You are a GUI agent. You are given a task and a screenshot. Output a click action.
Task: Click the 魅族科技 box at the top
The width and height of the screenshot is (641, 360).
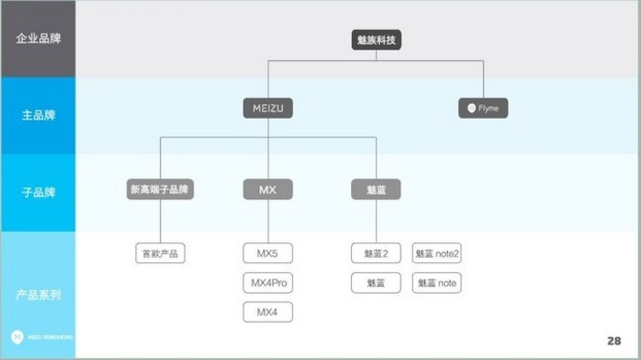coord(375,41)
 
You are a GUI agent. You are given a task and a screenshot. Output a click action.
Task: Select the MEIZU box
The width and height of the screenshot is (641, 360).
coord(267,108)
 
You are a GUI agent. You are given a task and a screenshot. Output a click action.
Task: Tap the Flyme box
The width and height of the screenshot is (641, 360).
coord(483,108)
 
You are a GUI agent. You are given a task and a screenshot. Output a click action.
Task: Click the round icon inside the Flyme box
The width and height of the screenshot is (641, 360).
coord(471,108)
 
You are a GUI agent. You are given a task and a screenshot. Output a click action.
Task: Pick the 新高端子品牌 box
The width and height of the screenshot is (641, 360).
coord(160,189)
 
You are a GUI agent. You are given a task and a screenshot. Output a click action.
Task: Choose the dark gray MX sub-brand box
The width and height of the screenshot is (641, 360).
coord(267,189)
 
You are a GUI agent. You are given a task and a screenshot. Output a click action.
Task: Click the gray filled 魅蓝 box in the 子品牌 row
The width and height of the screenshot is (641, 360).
coord(375,189)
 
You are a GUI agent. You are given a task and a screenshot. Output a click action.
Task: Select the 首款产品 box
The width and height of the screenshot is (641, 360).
coord(160,254)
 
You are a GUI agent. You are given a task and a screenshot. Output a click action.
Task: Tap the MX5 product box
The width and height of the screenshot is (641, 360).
coord(267,254)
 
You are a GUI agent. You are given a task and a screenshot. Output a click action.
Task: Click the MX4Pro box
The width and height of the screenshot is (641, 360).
coord(267,282)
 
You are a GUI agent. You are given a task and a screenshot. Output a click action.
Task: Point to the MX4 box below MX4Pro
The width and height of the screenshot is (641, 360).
coord(267,311)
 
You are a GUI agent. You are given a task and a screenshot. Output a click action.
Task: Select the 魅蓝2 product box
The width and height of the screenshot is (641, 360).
coord(375,254)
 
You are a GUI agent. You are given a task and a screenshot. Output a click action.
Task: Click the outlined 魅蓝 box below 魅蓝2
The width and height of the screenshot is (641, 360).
coord(375,282)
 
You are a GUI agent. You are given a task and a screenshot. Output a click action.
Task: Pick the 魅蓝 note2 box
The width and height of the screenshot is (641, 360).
coord(437,254)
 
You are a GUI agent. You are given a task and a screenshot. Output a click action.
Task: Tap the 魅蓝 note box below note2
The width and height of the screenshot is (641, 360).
coord(437,282)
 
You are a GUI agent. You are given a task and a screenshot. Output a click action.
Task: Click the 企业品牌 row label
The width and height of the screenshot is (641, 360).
coord(38,39)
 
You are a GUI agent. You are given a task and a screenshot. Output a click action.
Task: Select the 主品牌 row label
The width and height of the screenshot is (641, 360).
coord(38,116)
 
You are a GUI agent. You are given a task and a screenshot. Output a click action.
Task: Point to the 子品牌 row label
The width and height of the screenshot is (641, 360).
coord(38,191)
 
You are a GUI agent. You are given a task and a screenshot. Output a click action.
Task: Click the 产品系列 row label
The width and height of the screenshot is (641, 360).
coord(38,294)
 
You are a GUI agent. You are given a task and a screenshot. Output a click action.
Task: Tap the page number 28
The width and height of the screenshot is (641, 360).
coord(613,341)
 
